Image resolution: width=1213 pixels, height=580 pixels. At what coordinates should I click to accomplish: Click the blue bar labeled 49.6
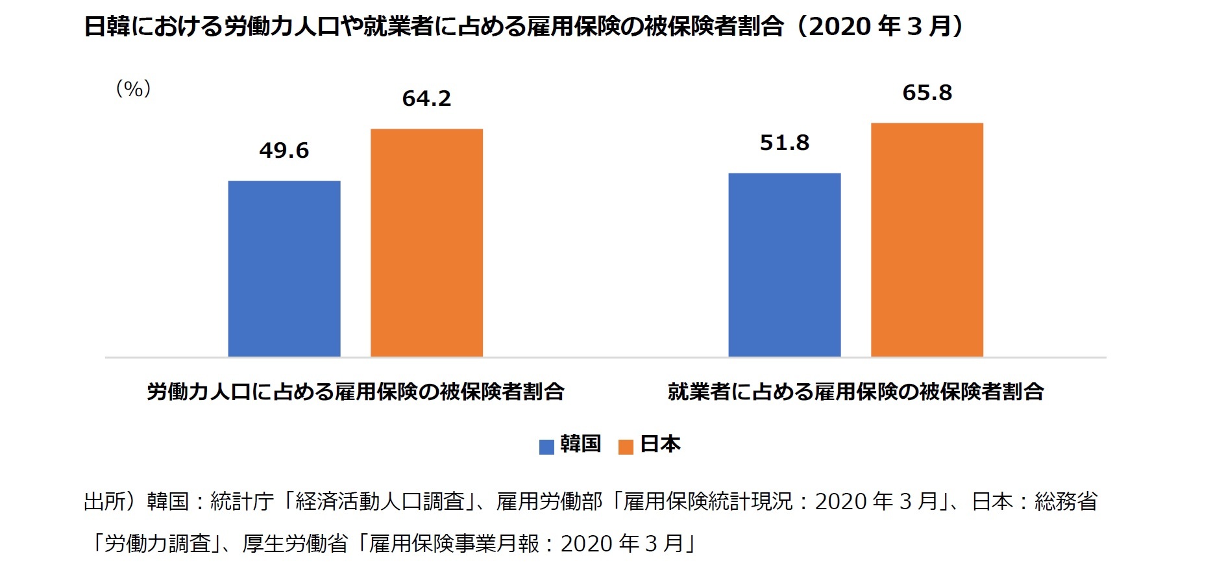click(284, 268)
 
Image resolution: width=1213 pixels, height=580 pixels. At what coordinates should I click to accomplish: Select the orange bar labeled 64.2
click(426, 242)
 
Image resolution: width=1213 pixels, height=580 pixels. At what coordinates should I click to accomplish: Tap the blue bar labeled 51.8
click(784, 264)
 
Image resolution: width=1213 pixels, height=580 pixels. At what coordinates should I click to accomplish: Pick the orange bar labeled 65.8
click(927, 239)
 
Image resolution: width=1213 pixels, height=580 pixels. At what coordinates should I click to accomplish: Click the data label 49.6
click(284, 151)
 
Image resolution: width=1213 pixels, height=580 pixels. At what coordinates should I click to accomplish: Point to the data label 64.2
click(426, 99)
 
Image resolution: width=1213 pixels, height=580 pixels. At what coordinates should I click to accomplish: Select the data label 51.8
click(785, 143)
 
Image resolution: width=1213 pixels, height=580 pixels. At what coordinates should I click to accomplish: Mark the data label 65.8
click(927, 93)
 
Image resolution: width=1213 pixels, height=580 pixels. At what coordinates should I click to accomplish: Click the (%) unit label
click(133, 89)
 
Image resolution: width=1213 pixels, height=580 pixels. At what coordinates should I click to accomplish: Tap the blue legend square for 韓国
click(546, 446)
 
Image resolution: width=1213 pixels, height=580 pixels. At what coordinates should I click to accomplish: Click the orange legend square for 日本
click(626, 446)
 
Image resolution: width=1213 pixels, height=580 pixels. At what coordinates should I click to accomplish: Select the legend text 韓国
click(581, 444)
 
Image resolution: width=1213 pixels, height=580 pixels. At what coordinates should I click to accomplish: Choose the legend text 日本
click(660, 444)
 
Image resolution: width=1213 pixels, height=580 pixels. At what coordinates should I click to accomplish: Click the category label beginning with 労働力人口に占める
click(356, 392)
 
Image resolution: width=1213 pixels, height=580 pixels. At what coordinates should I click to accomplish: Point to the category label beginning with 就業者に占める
click(855, 392)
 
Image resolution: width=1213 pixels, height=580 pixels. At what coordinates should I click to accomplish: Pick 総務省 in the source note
click(1066, 501)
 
